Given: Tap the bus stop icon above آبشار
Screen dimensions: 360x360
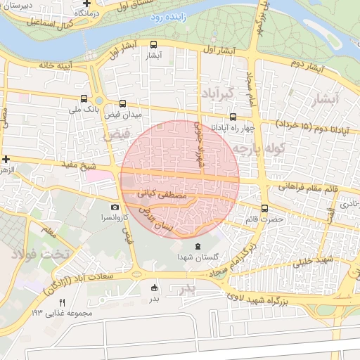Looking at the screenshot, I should click(154, 44).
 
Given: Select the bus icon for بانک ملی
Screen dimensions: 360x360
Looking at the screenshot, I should click(84, 99).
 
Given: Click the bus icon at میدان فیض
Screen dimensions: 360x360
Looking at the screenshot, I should click(124, 103).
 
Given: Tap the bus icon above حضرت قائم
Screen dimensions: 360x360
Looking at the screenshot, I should click(264, 208).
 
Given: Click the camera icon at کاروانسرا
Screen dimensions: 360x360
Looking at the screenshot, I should click(115, 207).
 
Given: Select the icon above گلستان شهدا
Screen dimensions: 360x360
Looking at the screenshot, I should click(197, 247).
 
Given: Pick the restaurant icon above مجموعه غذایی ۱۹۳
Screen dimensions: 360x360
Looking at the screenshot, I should click(61, 302).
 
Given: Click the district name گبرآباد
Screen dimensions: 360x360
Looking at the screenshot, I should click(216, 94).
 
